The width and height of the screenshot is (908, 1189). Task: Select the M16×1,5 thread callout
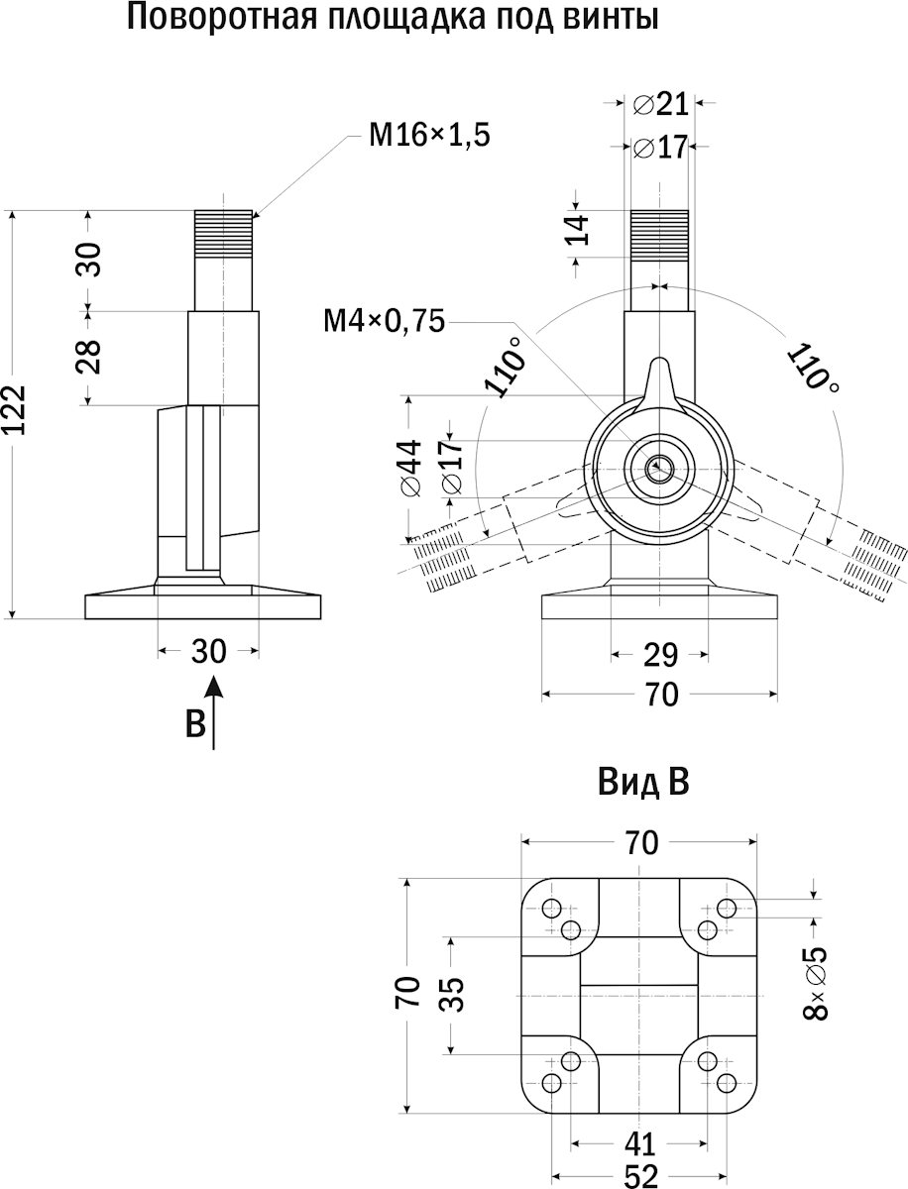pyautogui.click(x=429, y=136)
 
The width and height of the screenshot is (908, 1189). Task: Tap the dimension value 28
pyautogui.click(x=88, y=356)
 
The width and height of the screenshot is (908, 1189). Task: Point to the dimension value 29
pyautogui.click(x=660, y=655)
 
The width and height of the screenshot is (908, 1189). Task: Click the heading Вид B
pyautogui.click(x=643, y=784)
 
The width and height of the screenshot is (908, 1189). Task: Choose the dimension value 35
pyautogui.click(x=451, y=993)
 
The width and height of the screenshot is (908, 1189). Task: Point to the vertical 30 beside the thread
pyautogui.click(x=88, y=260)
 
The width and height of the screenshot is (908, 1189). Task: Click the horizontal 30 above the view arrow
pyautogui.click(x=209, y=651)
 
